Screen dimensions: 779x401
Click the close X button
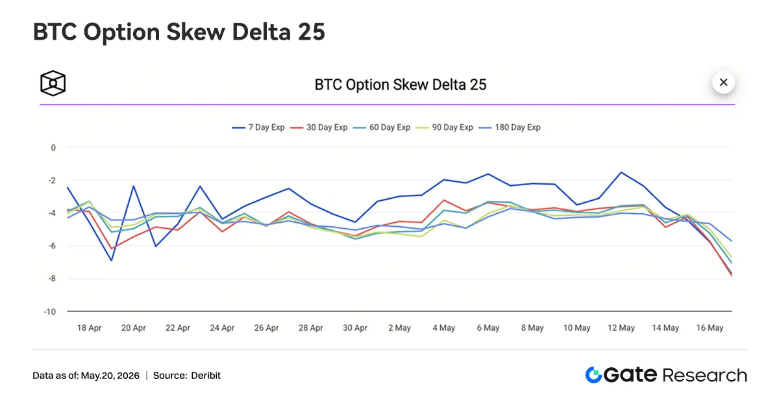(723, 83)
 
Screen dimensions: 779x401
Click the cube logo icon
(53, 83)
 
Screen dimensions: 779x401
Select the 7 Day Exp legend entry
(258, 127)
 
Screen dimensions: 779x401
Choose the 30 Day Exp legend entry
(319, 127)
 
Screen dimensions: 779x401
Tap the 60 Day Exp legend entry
(382, 127)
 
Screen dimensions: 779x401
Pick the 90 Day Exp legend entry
(444, 127)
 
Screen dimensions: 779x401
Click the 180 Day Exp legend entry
(510, 127)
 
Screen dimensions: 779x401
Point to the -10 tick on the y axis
(50, 311)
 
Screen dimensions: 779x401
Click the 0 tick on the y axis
(53, 148)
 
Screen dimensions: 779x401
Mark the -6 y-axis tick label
(51, 246)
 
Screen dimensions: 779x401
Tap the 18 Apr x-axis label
(89, 328)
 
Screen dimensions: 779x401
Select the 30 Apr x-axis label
(355, 328)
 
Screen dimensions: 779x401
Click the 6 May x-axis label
(488, 328)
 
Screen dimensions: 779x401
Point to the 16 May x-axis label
(710, 328)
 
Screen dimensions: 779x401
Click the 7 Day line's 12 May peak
(621, 172)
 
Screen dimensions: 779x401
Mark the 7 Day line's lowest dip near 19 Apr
(111, 261)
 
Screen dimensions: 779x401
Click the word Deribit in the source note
(206, 376)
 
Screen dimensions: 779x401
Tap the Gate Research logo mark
(593, 375)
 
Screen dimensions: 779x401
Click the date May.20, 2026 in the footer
(110, 376)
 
